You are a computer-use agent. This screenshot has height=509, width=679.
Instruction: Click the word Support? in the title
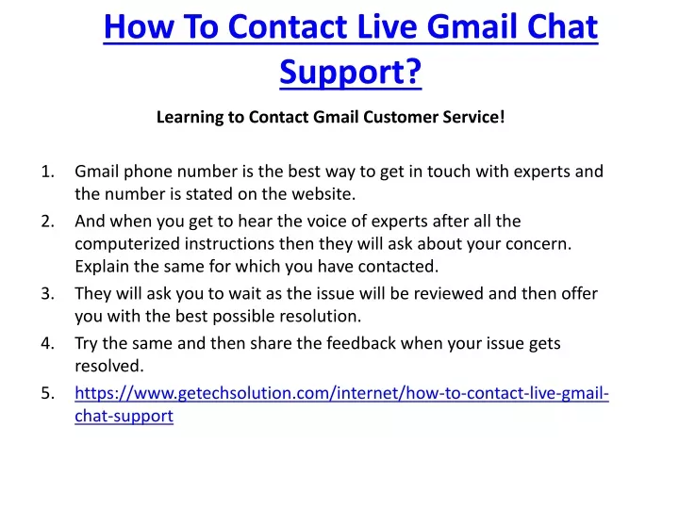click(x=350, y=73)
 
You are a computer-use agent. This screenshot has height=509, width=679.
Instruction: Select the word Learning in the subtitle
click(x=190, y=118)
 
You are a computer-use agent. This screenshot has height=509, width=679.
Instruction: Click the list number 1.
click(x=48, y=172)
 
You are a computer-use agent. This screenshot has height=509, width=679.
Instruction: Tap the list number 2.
click(x=48, y=222)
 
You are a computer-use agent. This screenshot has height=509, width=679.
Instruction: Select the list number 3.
click(x=48, y=293)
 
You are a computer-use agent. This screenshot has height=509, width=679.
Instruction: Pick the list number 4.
click(x=48, y=343)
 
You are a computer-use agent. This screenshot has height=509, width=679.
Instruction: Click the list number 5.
click(x=48, y=393)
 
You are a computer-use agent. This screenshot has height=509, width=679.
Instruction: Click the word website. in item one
click(x=323, y=194)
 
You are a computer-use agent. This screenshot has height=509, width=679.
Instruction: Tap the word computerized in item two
click(x=127, y=244)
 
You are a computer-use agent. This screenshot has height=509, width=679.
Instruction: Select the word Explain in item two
click(x=102, y=267)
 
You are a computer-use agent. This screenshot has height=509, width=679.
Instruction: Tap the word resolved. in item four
click(x=109, y=366)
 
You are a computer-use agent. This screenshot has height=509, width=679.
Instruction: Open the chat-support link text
click(x=124, y=417)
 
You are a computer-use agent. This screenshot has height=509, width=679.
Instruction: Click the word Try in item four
click(x=86, y=344)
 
